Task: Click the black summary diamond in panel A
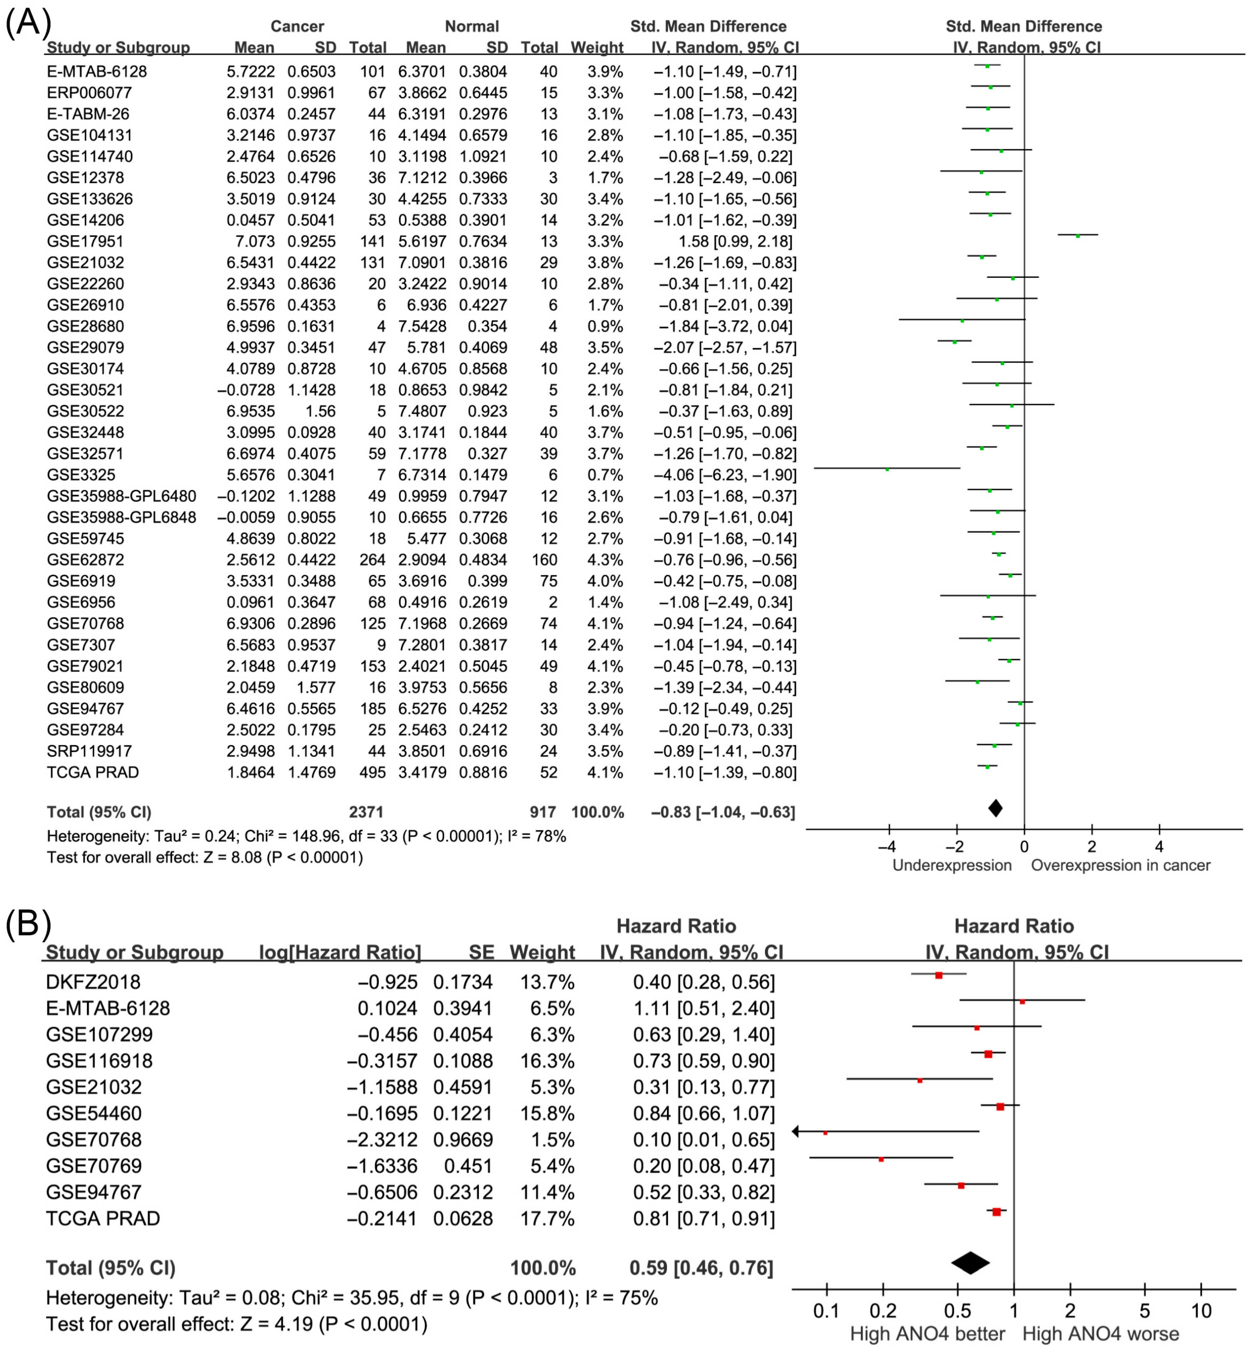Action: click(995, 808)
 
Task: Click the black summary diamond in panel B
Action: click(971, 1263)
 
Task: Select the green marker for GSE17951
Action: click(1078, 236)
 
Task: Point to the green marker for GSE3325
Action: click(887, 469)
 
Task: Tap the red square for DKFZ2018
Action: click(938, 975)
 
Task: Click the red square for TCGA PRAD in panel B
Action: click(996, 1212)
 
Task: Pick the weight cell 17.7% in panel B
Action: click(547, 1218)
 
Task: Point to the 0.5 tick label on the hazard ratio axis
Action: click(958, 1311)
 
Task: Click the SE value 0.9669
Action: click(463, 1139)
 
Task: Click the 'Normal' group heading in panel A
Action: click(472, 26)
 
